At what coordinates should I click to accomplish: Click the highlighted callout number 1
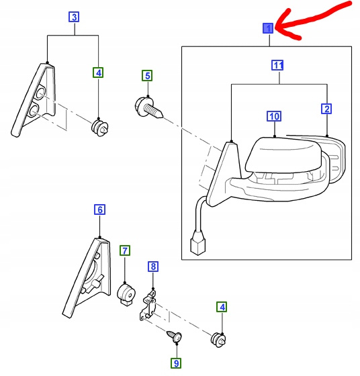[x=268, y=28]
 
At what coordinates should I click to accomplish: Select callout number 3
[x=74, y=17]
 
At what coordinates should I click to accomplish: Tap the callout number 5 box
[x=147, y=75]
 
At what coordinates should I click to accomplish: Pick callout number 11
[x=277, y=65]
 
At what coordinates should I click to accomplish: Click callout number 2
[x=326, y=109]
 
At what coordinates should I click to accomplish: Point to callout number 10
[x=274, y=116]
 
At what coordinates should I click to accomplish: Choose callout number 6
[x=100, y=209]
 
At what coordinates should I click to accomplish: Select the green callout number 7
[x=125, y=250]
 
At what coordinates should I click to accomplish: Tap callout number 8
[x=153, y=267]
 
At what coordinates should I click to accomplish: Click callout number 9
[x=176, y=363]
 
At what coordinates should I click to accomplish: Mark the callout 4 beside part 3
[x=98, y=73]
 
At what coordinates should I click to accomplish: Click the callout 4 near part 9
[x=222, y=307]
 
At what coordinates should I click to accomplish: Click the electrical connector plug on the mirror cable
[x=198, y=242]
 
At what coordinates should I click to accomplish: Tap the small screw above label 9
[x=175, y=336]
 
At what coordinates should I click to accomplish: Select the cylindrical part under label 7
[x=126, y=295]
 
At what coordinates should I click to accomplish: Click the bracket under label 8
[x=148, y=305]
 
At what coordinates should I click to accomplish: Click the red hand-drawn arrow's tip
[x=276, y=29]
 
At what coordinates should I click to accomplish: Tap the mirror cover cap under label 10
[x=283, y=154]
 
